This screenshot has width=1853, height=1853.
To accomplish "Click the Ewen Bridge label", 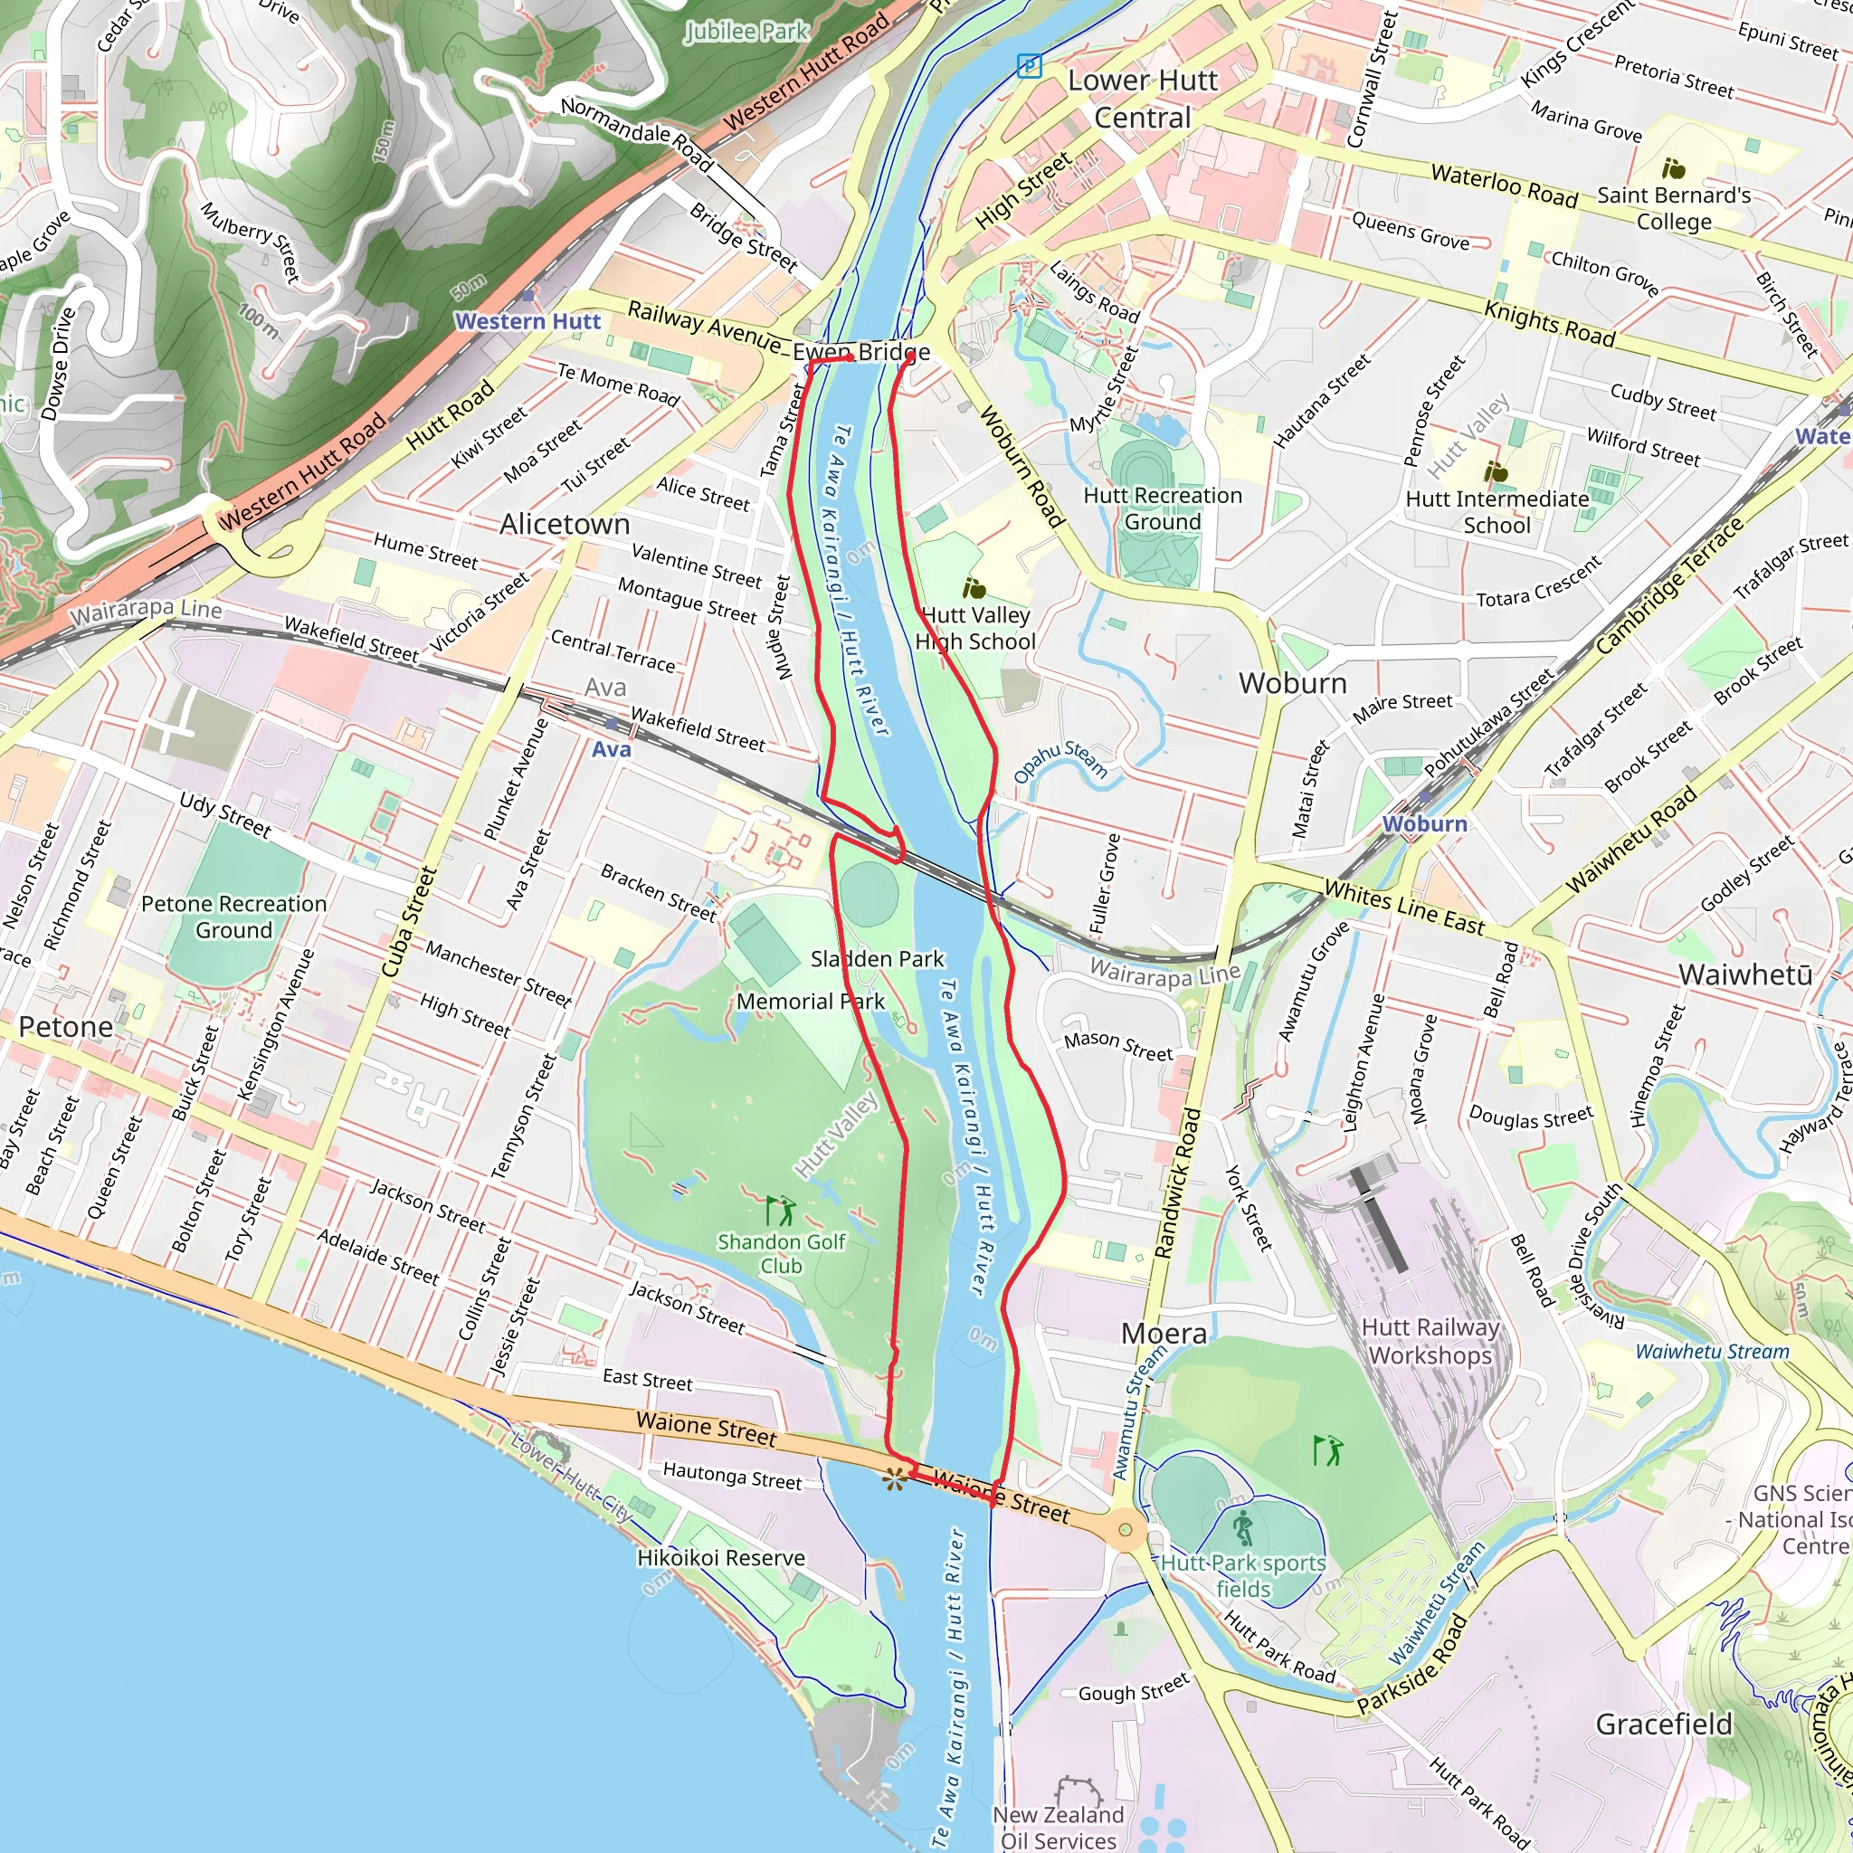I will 860,352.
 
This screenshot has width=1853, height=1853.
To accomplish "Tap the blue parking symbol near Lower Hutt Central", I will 1029,66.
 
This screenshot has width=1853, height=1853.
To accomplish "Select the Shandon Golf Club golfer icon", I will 781,1210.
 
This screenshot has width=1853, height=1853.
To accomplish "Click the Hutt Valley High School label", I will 974,628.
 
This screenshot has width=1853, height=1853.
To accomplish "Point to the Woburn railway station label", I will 1424,824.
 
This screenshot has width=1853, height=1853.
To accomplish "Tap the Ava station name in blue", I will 611,749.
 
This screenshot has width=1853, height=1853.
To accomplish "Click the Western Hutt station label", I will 527,321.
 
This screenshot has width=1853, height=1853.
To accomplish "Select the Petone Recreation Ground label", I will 233,917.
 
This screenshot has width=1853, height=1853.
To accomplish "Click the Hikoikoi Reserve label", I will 720,1558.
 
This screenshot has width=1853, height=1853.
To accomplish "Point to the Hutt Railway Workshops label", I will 1430,1341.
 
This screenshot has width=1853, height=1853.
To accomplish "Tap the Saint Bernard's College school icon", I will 1673,169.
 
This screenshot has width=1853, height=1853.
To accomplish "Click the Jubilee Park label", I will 746,32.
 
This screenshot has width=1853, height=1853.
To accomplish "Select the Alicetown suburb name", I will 564,524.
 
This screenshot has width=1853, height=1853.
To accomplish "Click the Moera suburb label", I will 1164,1333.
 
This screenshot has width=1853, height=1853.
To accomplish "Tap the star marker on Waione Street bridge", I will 894,1480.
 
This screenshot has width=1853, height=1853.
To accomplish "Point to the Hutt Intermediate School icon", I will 1495,472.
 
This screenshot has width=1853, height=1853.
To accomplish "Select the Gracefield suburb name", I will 1663,1724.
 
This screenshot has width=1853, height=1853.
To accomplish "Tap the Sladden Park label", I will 877,958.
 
